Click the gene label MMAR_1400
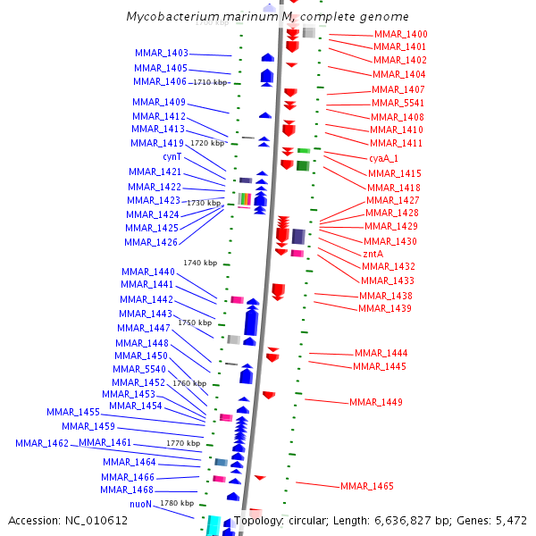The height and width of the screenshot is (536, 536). click(400, 34)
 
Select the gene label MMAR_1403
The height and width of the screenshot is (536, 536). click(162, 54)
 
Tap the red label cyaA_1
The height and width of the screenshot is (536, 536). click(384, 158)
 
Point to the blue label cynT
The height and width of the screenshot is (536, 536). click(172, 156)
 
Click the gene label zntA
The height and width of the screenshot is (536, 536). click(373, 254)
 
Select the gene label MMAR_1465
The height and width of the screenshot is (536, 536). click(367, 487)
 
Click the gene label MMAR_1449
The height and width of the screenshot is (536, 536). click(376, 402)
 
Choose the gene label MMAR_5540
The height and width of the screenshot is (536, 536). click(140, 369)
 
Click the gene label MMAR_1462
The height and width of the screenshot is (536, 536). click(42, 443)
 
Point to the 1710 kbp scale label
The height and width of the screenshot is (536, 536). click(211, 82)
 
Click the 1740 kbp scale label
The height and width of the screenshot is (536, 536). click(200, 263)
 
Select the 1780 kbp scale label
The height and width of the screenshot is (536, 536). click(177, 503)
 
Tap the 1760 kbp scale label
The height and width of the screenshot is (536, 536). click(189, 383)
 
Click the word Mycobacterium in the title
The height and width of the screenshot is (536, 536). click(170, 17)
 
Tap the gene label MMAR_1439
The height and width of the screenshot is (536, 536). click(385, 309)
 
